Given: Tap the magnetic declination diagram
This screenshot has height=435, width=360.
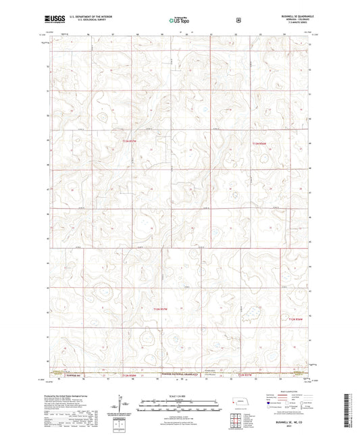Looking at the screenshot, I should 122,404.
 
